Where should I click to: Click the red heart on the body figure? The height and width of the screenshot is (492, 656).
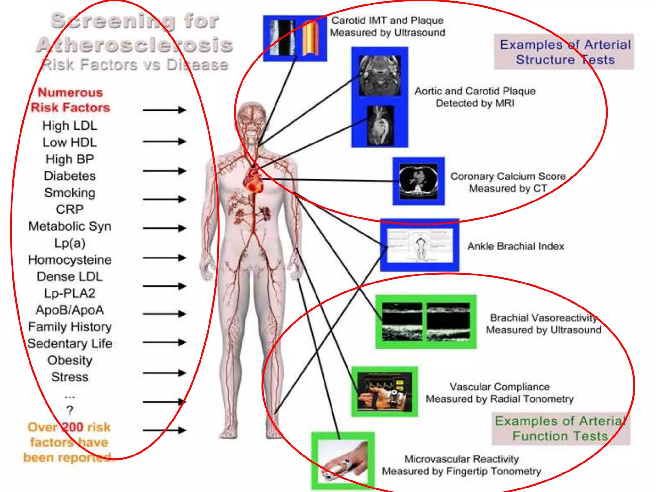[253, 180]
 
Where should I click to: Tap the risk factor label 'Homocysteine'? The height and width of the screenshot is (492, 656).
[70, 259]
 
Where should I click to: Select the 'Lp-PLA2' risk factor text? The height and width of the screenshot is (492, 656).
[70, 293]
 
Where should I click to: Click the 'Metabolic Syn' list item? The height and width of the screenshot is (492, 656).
[70, 226]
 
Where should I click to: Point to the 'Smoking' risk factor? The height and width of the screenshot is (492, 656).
[70, 193]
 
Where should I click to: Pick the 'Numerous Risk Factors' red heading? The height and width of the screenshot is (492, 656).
[70, 100]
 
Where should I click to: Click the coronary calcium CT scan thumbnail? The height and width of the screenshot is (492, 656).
[418, 181]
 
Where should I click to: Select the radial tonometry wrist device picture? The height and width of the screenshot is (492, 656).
[384, 391]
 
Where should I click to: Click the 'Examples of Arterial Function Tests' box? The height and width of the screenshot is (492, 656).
[561, 429]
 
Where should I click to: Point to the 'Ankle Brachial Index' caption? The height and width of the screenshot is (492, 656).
[515, 246]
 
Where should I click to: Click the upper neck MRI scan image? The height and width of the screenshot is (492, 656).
[380, 76]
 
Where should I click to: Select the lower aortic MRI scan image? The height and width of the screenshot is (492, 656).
[380, 125]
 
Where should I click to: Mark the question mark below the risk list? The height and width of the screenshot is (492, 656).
[70, 410]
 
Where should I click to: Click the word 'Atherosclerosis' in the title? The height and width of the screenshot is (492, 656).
[135, 45]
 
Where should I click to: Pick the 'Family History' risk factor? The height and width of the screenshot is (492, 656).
[70, 327]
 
